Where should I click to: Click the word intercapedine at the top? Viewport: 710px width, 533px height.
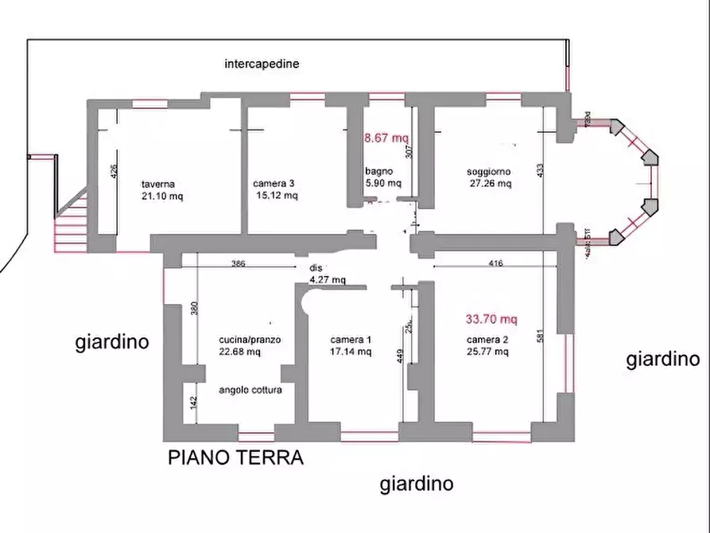(262, 64)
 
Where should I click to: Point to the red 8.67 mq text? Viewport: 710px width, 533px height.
(386, 138)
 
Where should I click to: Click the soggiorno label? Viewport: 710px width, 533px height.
(489, 171)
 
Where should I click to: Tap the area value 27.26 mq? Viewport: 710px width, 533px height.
(491, 183)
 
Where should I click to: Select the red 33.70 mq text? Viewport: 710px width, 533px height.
(491, 320)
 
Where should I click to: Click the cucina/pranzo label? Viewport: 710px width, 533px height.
(250, 340)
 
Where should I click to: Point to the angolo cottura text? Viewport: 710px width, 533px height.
(250, 390)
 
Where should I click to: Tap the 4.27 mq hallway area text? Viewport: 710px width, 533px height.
(328, 280)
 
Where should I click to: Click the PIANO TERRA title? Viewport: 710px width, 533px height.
(235, 458)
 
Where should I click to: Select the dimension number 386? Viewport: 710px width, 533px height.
(238, 263)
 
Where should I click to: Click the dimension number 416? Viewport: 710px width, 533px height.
(495, 263)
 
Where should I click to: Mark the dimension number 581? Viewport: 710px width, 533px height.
(541, 337)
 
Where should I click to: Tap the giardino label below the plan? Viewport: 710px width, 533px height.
(416, 483)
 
